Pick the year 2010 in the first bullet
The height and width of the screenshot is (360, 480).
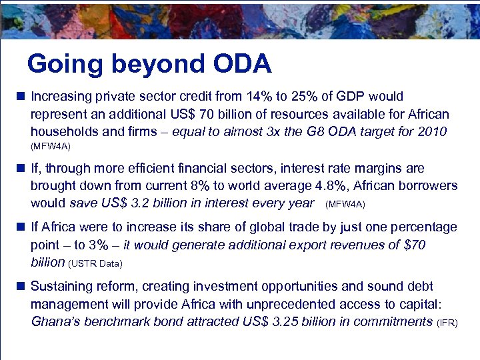[433, 132]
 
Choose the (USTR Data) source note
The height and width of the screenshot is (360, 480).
[95, 264]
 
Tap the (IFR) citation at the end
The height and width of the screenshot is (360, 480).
[447, 323]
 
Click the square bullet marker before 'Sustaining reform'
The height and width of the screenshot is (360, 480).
[21, 287]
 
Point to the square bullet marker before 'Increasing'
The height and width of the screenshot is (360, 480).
[21, 97]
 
